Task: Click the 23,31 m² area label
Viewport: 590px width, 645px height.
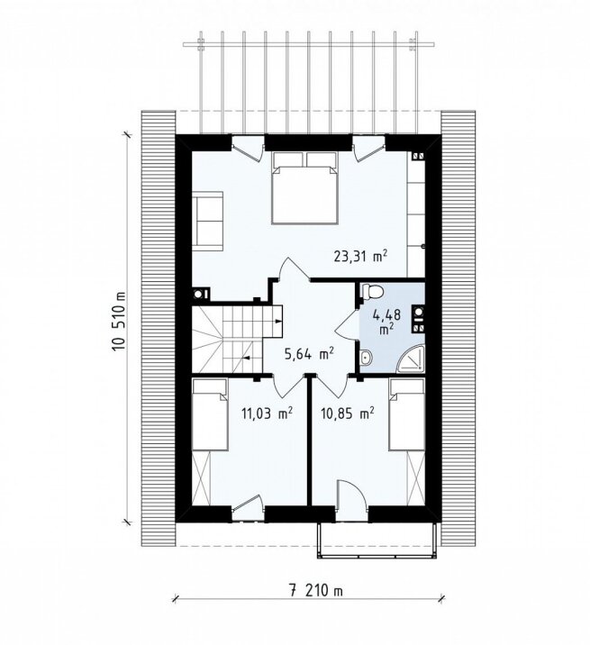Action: coord(360,257)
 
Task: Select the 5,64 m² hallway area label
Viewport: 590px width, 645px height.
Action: coord(309,353)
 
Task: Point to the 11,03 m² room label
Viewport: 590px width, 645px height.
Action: coord(268,413)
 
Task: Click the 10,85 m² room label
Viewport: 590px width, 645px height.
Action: coord(348,413)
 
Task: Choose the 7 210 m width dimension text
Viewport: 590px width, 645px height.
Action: coord(314,591)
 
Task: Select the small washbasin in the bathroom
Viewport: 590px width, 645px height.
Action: coord(366,358)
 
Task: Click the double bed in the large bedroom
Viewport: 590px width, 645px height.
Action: coord(304,188)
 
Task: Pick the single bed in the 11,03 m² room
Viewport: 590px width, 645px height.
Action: coord(210,414)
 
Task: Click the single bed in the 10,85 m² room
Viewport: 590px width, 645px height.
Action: coord(407,414)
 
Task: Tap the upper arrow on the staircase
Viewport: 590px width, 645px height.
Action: coord(278,321)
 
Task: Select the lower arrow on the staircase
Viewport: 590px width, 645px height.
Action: coord(248,358)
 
